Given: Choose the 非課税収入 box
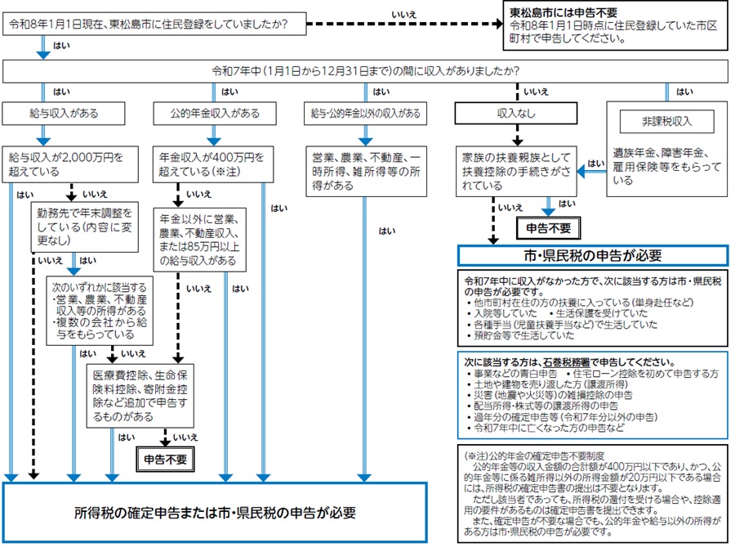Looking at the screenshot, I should (x=666, y=122).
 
